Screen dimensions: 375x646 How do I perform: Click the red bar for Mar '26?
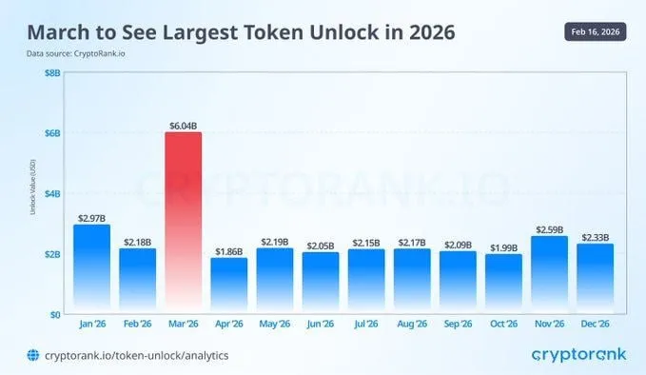(x=183, y=224)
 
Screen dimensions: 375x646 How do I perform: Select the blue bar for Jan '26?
(x=91, y=269)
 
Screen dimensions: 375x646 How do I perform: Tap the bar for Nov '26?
(x=548, y=275)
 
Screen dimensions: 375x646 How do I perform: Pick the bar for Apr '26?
(x=228, y=286)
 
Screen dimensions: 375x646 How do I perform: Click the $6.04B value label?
(x=183, y=124)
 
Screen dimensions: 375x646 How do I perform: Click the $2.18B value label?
(x=137, y=241)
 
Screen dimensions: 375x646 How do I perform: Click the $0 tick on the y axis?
(x=56, y=314)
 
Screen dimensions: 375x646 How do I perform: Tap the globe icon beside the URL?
(x=32, y=356)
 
